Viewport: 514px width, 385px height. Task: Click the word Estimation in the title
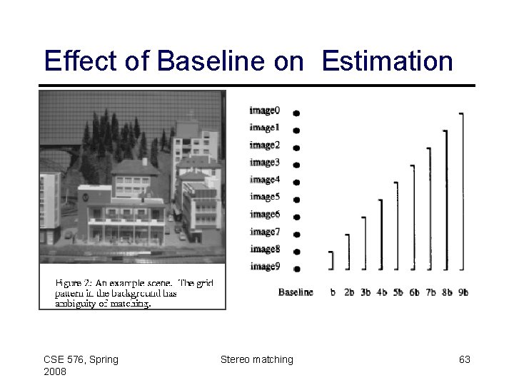click(387, 61)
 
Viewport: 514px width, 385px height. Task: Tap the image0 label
click(264, 111)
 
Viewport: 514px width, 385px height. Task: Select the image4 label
click(264, 180)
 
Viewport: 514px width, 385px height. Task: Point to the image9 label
click(264, 267)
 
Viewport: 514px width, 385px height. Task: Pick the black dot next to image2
click(296, 146)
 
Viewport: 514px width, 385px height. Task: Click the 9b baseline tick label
click(463, 292)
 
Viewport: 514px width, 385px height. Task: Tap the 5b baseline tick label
click(397, 292)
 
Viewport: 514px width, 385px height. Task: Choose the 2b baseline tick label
click(348, 292)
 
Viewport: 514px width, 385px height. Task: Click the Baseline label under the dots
click(296, 292)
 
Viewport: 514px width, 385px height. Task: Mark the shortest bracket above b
click(332, 260)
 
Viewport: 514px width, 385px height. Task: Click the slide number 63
click(464, 360)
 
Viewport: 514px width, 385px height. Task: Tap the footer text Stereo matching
click(256, 360)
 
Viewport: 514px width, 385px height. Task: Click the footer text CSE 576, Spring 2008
click(81, 366)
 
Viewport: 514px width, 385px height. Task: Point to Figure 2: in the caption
click(74, 282)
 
